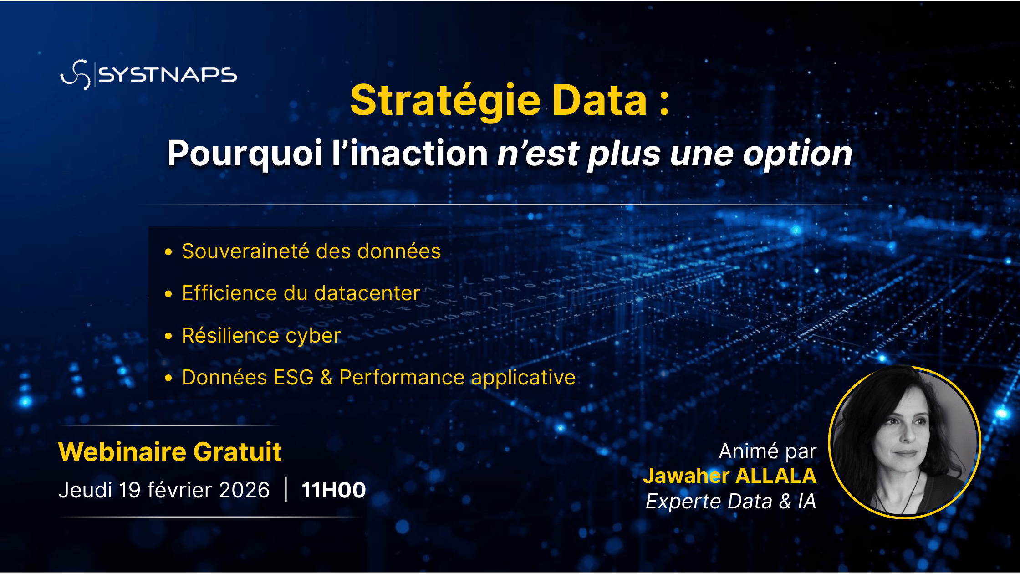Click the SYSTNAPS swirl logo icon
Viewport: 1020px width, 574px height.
click(76, 75)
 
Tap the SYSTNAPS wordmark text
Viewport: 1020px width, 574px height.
click(168, 75)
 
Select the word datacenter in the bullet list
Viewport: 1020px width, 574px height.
click(367, 293)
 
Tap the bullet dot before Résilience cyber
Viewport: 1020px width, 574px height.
click(168, 336)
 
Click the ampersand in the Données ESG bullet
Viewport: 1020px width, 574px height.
click(326, 378)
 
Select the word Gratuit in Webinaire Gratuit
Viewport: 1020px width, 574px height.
click(237, 452)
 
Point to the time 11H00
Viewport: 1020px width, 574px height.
click(334, 491)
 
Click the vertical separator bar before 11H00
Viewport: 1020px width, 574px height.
click(286, 490)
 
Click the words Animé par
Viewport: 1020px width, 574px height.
click(768, 451)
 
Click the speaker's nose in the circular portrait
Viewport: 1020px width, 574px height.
click(908, 436)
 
